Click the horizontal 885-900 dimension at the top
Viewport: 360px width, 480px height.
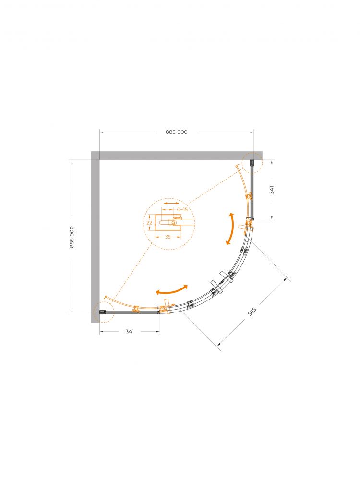(177, 132)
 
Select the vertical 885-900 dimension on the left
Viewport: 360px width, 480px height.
(72, 237)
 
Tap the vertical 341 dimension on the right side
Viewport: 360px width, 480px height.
(272, 190)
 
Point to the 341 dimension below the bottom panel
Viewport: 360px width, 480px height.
(130, 332)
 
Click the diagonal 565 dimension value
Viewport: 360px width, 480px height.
(252, 312)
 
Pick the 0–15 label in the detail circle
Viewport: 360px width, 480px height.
(182, 210)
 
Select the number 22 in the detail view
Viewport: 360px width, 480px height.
(149, 223)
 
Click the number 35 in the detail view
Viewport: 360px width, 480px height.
(168, 237)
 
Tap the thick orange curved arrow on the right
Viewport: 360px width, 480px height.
(231, 228)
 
